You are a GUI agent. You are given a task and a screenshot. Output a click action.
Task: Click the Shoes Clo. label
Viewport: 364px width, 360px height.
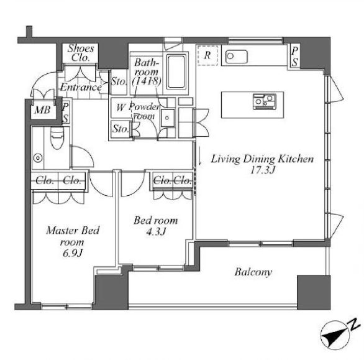(81, 53)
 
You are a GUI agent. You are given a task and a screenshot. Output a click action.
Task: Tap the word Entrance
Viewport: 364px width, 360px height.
(81, 88)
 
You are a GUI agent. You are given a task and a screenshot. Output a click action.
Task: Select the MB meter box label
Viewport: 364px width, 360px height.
(42, 109)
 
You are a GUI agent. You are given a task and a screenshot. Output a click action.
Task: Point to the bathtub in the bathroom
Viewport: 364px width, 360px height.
(176, 72)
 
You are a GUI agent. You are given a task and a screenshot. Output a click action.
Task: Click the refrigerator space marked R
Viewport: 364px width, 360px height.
(207, 55)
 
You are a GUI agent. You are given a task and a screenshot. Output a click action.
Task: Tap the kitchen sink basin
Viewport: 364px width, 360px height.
(236, 57)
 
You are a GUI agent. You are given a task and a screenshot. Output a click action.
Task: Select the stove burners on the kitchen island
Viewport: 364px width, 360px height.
(265, 101)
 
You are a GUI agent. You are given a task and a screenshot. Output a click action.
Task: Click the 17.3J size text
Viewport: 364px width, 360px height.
(263, 170)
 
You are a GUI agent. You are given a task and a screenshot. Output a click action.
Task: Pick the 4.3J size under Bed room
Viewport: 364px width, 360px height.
(157, 231)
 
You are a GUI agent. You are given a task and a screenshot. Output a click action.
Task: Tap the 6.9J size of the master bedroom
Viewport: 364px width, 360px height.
(73, 253)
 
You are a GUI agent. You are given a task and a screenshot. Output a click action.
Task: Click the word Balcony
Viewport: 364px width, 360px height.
(253, 272)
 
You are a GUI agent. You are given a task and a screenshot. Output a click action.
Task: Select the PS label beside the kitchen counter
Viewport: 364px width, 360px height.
(294, 57)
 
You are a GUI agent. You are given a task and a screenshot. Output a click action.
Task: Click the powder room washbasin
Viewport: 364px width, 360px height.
(167, 118)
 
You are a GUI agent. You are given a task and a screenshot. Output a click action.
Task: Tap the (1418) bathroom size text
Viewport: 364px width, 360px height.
(147, 81)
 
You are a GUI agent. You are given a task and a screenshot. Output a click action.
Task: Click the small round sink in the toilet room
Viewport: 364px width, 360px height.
(38, 158)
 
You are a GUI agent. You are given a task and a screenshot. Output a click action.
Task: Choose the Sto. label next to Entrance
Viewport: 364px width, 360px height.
(119, 81)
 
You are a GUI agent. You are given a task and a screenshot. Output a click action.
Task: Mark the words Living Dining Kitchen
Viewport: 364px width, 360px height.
(262, 159)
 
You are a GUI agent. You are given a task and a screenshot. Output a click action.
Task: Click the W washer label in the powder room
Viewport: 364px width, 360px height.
(121, 108)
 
